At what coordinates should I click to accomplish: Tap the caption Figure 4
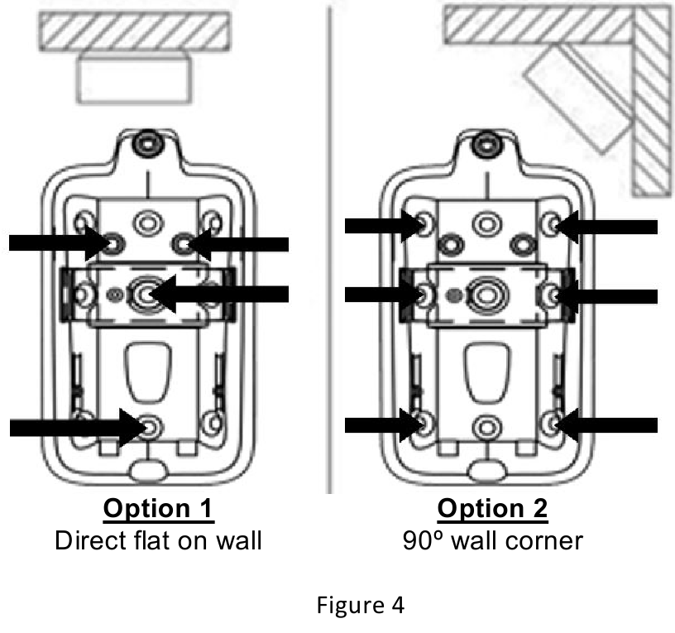coord(360,606)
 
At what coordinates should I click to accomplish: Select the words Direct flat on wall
coord(158,541)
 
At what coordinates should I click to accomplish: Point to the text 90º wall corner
coord(492,541)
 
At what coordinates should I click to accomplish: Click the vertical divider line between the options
coord(330,248)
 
